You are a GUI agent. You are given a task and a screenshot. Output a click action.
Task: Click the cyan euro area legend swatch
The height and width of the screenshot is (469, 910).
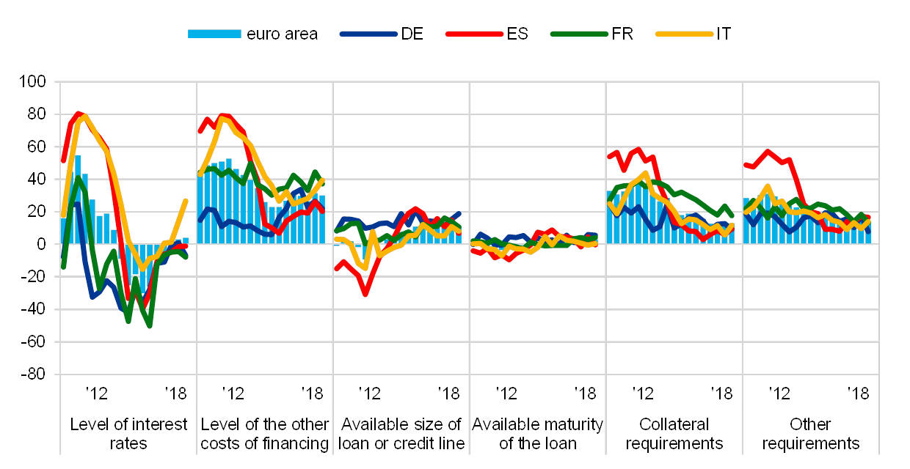point(214,34)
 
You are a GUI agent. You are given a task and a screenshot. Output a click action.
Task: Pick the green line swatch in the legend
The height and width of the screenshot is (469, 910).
point(581,34)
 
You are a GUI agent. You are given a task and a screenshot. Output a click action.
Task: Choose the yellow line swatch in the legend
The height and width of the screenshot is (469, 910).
point(685,34)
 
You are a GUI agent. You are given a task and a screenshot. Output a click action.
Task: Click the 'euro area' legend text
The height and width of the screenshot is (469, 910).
point(283,34)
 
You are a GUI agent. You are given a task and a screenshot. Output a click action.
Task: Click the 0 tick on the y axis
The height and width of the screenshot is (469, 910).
point(41,244)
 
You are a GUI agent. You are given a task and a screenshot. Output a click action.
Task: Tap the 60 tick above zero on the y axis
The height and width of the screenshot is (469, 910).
point(37,147)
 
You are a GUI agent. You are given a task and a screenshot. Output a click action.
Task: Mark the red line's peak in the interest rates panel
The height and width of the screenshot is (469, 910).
point(79,114)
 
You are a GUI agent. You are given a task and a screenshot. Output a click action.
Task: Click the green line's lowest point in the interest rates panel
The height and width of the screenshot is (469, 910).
point(150,325)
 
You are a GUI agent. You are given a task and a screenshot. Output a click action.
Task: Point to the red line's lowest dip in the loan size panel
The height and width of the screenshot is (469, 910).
point(365,294)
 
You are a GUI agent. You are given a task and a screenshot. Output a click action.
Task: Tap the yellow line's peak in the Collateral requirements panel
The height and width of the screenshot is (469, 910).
point(645,174)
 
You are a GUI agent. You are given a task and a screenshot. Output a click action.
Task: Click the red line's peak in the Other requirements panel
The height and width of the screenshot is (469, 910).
point(768,152)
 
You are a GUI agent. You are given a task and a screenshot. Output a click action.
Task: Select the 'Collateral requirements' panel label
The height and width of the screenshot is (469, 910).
point(674,434)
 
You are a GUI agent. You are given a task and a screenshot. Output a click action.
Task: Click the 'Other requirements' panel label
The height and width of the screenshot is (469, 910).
point(810,434)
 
